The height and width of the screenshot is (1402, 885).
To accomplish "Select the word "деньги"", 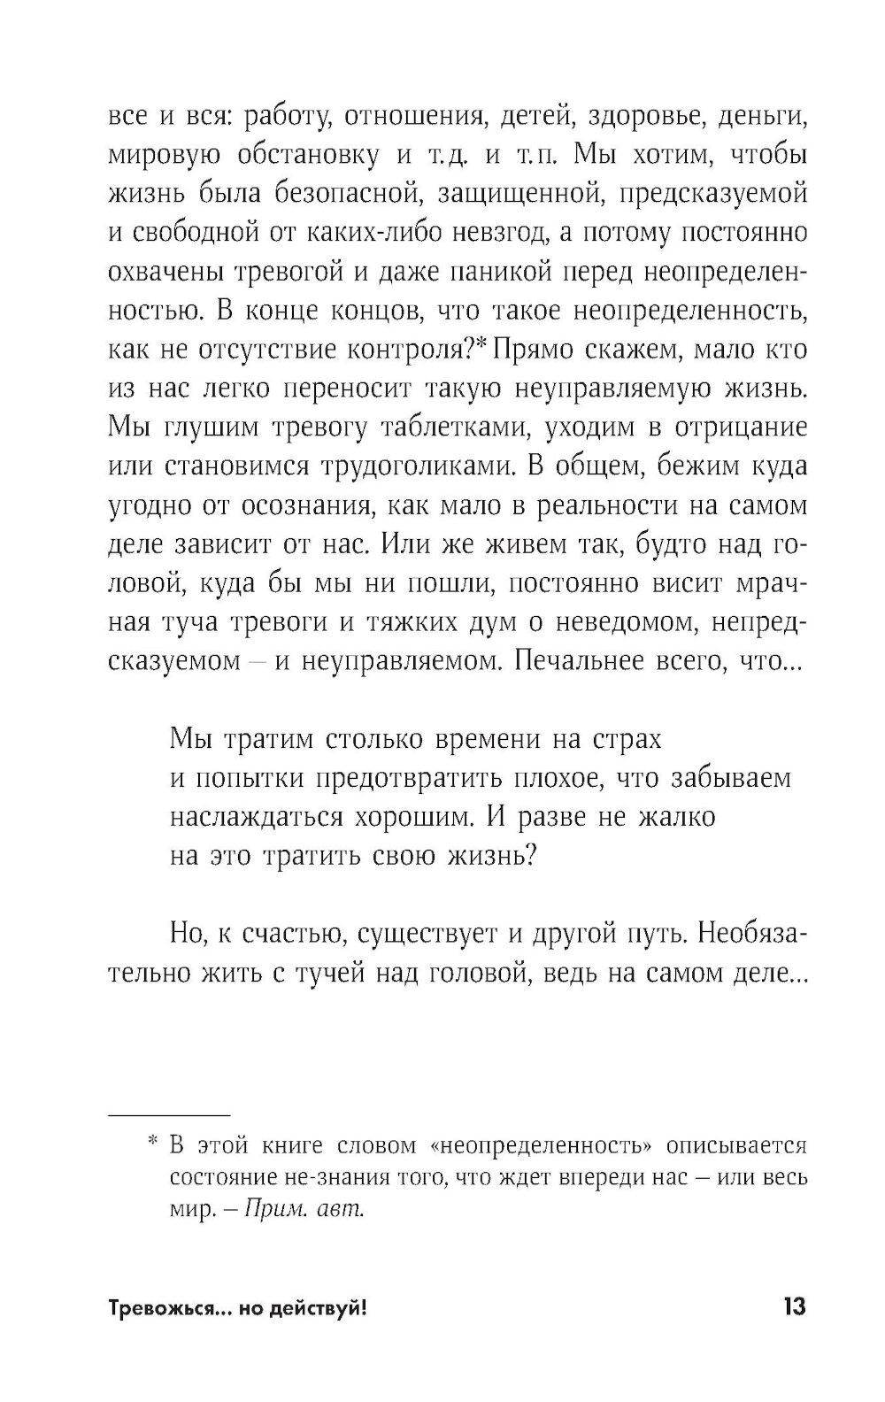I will (761, 116).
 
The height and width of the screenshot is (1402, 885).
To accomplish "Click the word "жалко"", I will (676, 815).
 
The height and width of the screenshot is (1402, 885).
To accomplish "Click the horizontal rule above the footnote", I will (168, 1113).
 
